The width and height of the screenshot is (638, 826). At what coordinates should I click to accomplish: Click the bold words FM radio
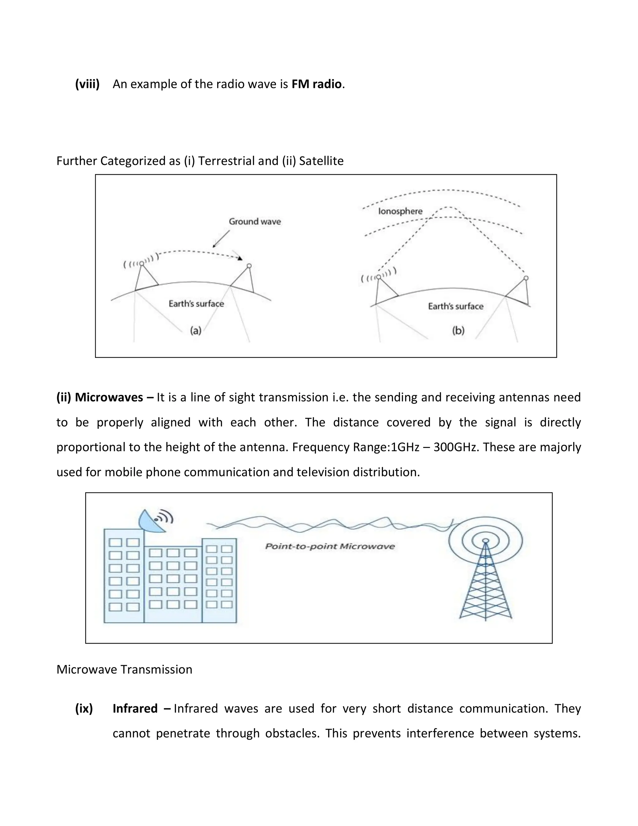click(x=317, y=84)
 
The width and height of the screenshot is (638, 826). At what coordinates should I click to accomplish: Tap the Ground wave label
click(x=255, y=222)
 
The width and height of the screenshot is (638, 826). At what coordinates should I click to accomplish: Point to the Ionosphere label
click(x=400, y=211)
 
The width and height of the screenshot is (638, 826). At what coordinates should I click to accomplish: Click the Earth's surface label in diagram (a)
click(x=196, y=304)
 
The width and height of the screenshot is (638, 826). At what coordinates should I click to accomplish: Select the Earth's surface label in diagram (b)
click(x=455, y=306)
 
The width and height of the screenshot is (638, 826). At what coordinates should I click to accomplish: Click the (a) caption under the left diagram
click(x=195, y=331)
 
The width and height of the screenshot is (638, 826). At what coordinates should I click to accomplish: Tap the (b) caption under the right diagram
click(x=458, y=331)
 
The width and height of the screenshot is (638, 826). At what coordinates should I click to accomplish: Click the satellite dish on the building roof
click(x=152, y=521)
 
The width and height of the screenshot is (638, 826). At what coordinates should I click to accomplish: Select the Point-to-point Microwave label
click(x=330, y=546)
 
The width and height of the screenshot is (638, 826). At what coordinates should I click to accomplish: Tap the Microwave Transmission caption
click(x=124, y=670)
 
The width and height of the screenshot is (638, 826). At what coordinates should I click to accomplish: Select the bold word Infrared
click(x=135, y=708)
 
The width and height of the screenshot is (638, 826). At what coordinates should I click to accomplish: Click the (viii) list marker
click(x=87, y=84)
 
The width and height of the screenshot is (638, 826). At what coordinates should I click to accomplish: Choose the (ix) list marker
click(x=84, y=708)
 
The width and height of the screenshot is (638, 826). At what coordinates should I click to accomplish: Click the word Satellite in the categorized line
click(x=321, y=161)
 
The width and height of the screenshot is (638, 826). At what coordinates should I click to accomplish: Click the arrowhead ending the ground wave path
click(x=240, y=259)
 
